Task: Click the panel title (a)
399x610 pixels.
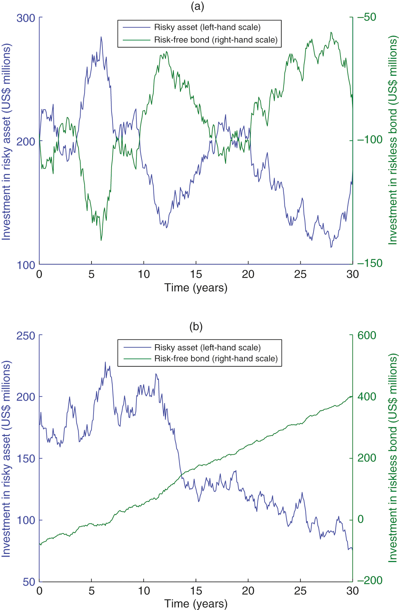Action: [197, 6]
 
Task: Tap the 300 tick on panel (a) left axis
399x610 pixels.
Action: [26, 18]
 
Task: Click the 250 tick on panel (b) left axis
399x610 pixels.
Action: [26, 336]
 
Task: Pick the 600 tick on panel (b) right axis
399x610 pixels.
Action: [367, 336]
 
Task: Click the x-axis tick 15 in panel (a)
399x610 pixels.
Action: [196, 274]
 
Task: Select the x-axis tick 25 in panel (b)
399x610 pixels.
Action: [300, 591]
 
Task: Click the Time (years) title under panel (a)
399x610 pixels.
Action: [196, 288]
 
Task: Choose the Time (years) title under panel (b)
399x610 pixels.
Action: [196, 604]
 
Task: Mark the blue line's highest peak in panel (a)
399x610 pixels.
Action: [101, 37]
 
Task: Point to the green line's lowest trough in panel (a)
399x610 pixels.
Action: [101, 240]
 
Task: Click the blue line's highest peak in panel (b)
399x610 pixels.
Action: [105, 362]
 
